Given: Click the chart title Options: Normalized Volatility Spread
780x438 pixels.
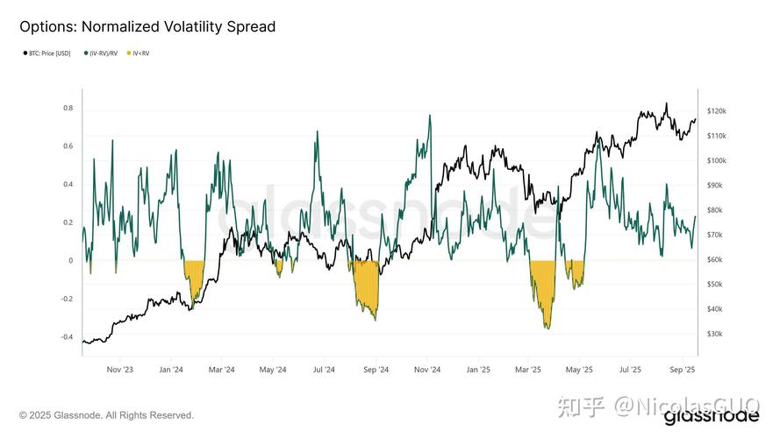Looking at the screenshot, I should [147, 27].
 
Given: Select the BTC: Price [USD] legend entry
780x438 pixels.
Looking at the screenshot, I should [49, 54].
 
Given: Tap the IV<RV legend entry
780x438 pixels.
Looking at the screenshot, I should [140, 54].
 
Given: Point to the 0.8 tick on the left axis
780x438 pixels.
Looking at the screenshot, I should [68, 108].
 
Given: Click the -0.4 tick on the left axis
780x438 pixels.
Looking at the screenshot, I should [66, 336].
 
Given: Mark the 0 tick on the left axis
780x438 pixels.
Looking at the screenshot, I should [70, 260].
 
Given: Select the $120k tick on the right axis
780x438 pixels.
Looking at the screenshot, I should [716, 111].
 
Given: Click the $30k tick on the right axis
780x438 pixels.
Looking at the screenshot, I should [714, 334].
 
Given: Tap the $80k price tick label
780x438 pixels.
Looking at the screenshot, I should [714, 210].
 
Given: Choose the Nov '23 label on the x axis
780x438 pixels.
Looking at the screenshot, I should [121, 371].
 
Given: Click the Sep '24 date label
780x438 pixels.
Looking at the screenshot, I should [376, 371].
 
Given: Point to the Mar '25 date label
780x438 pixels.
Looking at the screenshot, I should [528, 371].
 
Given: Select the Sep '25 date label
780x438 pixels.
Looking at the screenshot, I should [682, 371].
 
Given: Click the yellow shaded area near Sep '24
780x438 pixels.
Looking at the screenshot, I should [365, 285].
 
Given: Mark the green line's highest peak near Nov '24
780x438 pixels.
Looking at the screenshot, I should [430, 116].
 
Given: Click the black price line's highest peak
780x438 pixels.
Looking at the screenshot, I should [666, 103].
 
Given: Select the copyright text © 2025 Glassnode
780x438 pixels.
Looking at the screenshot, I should [107, 415].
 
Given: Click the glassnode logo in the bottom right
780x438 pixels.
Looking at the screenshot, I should [711, 418].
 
